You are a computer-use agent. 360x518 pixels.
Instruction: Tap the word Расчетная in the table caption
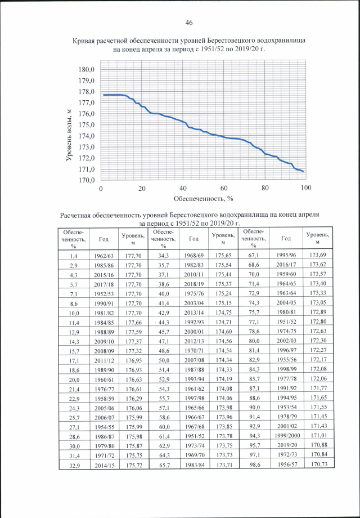(x=78, y=215)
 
